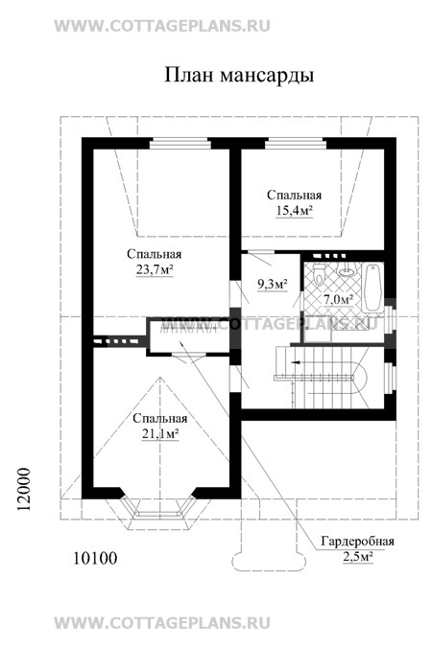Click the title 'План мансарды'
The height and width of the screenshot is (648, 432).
(x=239, y=76)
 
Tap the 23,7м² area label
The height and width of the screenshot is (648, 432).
(x=155, y=270)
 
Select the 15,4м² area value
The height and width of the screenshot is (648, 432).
(x=294, y=211)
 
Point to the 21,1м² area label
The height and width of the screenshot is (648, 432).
(x=160, y=434)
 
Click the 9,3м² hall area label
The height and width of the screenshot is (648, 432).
(x=273, y=285)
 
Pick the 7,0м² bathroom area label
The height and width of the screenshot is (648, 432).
(x=338, y=299)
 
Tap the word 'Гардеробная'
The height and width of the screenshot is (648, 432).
(x=357, y=542)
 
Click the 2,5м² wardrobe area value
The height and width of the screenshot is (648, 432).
(x=358, y=557)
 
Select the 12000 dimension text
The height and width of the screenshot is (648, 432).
(x=24, y=489)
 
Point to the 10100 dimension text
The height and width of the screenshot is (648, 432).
(x=95, y=558)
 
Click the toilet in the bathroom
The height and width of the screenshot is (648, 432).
(x=319, y=273)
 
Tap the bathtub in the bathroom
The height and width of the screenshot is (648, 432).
(x=373, y=289)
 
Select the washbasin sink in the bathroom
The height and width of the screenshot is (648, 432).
(x=347, y=270)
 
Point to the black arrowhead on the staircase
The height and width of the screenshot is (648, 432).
(x=296, y=362)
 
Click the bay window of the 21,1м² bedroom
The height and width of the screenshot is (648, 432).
(x=159, y=506)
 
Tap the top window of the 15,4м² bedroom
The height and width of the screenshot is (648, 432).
(x=296, y=144)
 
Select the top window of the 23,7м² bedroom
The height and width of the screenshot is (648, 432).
(x=180, y=144)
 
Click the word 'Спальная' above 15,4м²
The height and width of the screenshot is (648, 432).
(x=294, y=195)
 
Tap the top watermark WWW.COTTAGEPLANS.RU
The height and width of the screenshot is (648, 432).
(x=162, y=26)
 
